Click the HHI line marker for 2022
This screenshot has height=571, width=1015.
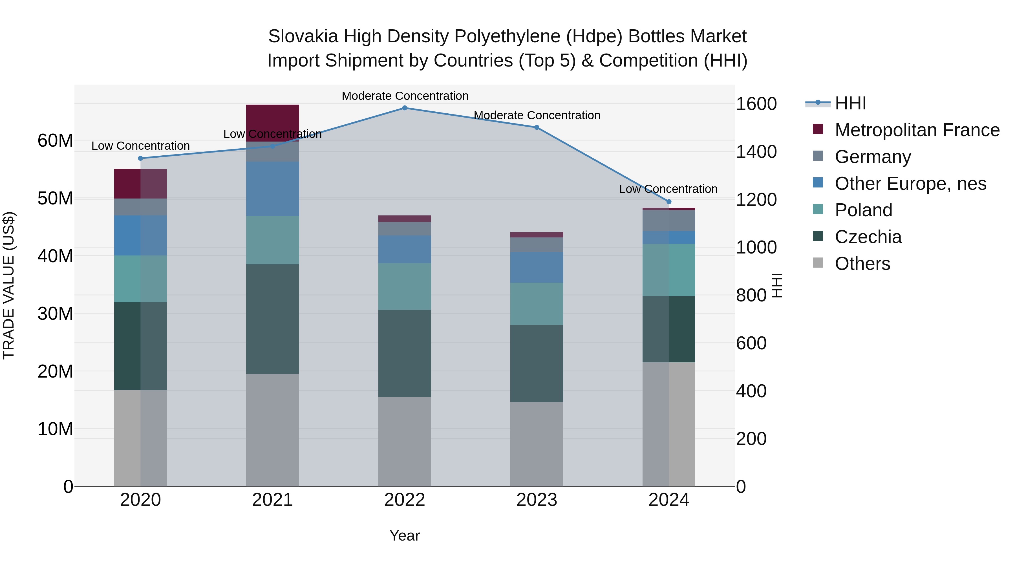pos(405,108)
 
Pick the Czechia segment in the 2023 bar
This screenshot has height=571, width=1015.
pos(537,363)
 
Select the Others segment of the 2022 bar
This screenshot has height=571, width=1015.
pos(405,441)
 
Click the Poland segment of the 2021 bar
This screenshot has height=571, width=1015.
pos(273,240)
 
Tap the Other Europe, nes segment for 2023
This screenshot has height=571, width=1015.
pos(537,268)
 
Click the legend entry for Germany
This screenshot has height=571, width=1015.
pos(872,157)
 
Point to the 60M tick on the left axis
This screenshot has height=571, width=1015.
pos(55,141)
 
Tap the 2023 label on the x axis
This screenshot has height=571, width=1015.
pos(537,500)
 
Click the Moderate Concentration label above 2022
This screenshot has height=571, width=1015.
pos(405,96)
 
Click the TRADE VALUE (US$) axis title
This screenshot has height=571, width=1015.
pos(9,285)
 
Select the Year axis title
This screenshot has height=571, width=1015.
pos(405,535)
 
